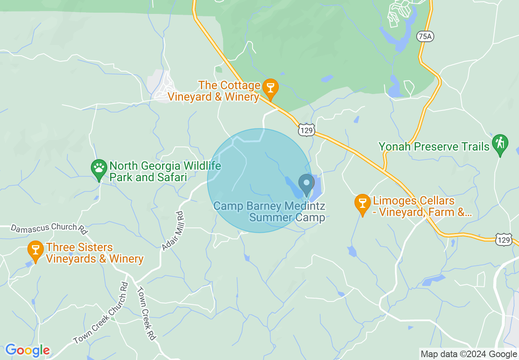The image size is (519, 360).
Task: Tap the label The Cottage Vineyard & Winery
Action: point(229,91)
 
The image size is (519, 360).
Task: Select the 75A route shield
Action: point(425,37)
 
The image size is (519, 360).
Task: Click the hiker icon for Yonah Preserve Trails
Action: point(500,144)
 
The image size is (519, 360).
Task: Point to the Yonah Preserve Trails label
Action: point(434,146)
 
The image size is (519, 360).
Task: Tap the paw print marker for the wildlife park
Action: point(99,169)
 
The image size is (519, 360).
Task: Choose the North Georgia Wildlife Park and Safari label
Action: point(165,172)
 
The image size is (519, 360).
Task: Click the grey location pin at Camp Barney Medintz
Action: point(306,184)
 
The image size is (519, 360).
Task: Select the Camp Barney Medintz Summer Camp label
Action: point(269,211)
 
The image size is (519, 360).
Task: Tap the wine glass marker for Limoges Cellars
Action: point(362,203)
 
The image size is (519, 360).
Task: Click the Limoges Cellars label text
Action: point(422,207)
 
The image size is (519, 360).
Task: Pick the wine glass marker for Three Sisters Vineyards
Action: point(36,250)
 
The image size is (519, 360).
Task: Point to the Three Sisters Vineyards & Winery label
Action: point(95,253)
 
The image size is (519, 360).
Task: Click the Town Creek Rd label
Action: point(147,313)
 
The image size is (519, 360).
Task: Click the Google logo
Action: point(27,350)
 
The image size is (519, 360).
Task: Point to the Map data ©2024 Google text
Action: point(469,354)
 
